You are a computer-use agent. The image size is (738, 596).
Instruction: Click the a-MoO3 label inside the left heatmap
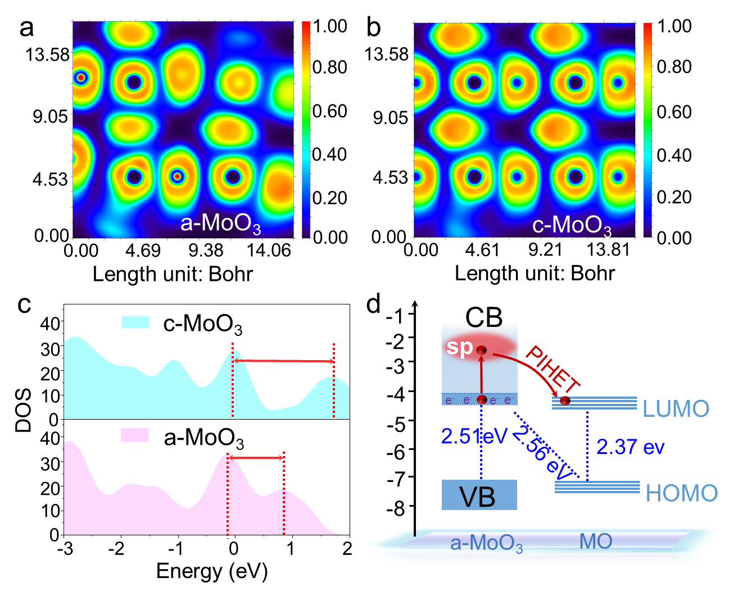pos(220,224)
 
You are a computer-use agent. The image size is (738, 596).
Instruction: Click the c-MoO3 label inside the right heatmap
pos(572,225)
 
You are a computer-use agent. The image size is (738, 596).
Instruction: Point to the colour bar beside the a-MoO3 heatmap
pos(306,129)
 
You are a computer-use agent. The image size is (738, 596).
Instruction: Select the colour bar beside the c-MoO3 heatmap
pos(648,129)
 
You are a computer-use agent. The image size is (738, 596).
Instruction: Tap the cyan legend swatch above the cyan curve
pos(135,322)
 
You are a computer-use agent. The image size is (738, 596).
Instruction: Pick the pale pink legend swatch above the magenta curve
pos(134,435)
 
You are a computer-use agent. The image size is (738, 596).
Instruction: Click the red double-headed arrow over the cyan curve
pos(284,361)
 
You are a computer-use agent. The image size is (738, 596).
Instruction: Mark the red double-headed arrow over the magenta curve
pos(256,458)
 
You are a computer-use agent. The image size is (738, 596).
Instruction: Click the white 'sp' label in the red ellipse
pos(459,347)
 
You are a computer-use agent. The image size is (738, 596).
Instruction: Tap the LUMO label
pos(676,409)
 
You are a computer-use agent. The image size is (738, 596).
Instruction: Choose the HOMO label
pos(681,493)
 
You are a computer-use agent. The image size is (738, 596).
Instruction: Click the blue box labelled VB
pos(479,495)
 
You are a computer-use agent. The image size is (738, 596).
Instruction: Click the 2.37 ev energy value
pos(630,447)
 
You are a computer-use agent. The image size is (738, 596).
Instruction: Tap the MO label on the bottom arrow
pos(595,542)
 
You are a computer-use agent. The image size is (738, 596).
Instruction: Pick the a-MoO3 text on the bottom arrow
pos(487,545)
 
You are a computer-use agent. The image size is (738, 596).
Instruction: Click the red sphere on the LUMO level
pos(565,401)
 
